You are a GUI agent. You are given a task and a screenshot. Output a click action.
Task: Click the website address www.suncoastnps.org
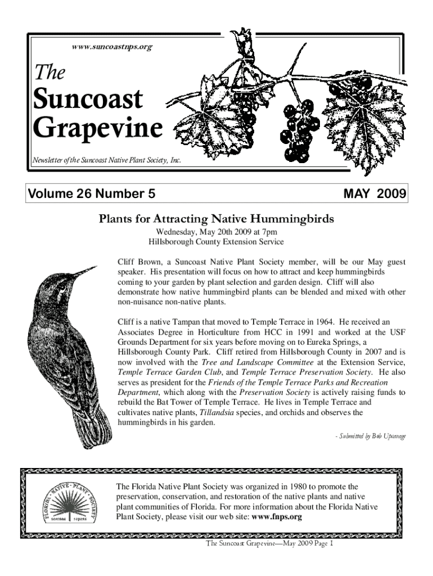112,47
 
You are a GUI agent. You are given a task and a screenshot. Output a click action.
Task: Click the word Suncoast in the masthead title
88,100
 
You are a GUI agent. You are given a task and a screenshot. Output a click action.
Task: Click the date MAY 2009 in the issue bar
374,195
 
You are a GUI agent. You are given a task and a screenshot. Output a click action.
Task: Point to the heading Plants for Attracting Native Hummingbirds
216,218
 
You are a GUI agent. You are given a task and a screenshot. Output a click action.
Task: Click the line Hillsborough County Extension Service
216,242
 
